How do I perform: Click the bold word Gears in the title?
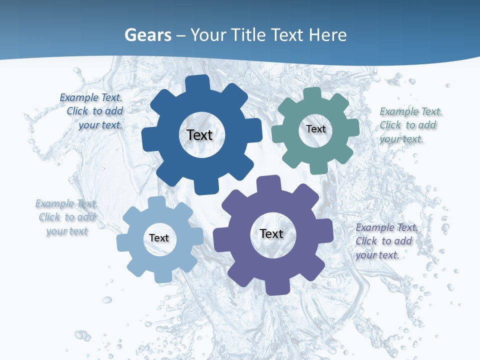tap(147, 35)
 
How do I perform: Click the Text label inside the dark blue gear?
tap(199, 135)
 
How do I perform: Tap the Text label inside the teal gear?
tap(315, 129)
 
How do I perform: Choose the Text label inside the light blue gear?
tap(159, 238)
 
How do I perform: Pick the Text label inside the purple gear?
tap(271, 233)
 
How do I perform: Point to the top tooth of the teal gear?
tap(312, 94)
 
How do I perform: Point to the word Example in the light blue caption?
tap(54, 203)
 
